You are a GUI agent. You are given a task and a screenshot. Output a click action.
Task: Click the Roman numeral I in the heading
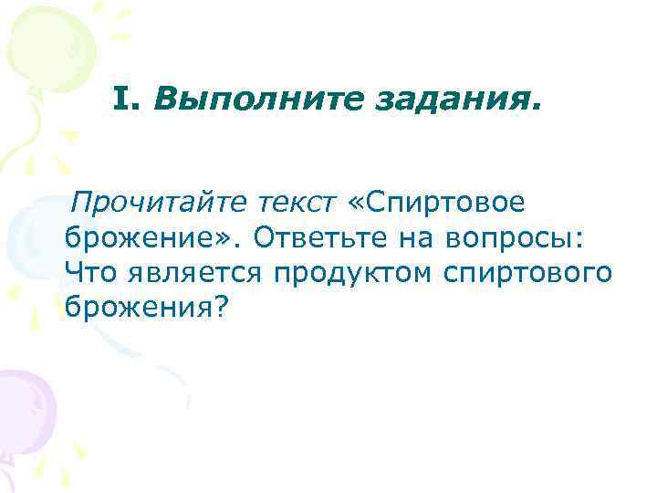(x=124, y=97)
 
